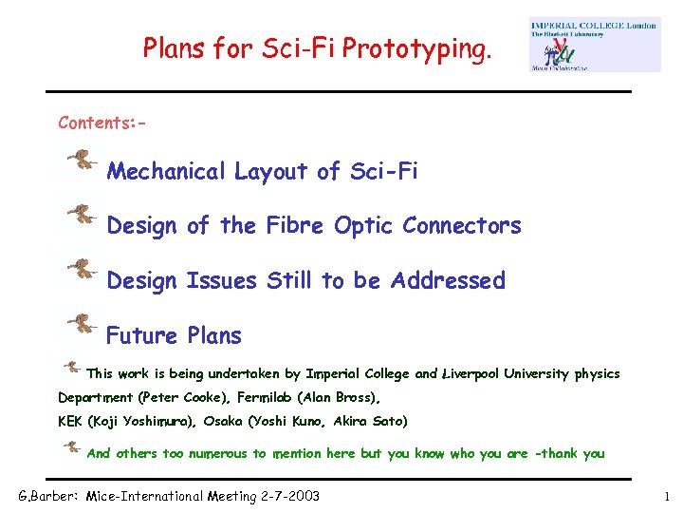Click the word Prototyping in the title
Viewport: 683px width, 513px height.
coord(420,47)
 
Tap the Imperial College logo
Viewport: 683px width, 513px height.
coord(595,44)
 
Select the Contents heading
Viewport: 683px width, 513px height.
coord(102,123)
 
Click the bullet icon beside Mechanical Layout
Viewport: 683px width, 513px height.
coord(83,161)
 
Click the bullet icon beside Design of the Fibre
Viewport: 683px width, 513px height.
coord(83,215)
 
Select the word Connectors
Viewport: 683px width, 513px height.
coord(462,226)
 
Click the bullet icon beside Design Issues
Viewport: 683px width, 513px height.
coord(83,269)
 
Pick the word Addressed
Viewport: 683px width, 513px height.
coord(448,281)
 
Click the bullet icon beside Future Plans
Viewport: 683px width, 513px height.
coord(83,324)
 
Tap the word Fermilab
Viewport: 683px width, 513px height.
coord(297,398)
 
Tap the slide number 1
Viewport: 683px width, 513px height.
coord(667,496)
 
